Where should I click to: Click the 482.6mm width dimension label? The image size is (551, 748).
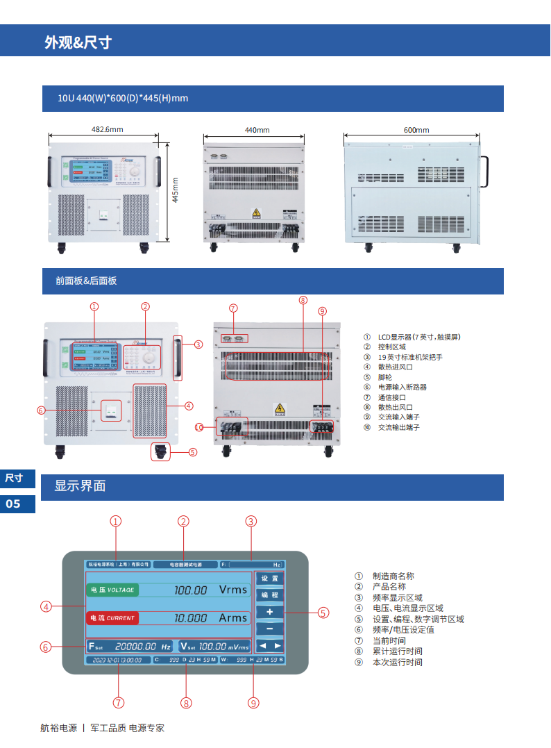[108, 129]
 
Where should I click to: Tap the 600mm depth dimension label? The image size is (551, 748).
[416, 130]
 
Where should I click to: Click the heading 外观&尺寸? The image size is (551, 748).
[78, 42]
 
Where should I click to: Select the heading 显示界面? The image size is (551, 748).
[80, 485]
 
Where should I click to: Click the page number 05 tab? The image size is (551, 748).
[13, 504]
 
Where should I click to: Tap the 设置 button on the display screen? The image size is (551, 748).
[270, 579]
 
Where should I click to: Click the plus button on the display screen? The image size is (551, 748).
[270, 612]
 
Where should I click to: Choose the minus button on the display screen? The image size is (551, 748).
[270, 629]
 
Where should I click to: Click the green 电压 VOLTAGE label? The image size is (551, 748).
[112, 590]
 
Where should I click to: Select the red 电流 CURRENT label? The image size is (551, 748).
[112, 617]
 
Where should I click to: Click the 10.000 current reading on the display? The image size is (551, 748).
[190, 617]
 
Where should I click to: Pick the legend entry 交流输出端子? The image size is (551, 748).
[398, 427]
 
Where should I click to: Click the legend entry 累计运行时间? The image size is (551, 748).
[397, 651]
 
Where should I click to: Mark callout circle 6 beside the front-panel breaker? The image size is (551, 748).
[41, 410]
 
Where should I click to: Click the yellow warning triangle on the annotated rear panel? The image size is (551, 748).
[280, 408]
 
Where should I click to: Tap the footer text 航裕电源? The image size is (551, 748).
[58, 728]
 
